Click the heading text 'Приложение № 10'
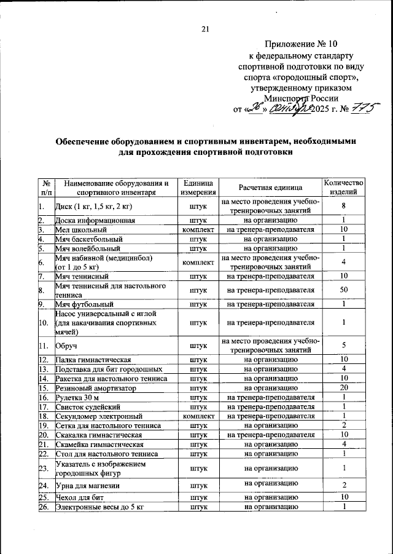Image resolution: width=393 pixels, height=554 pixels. click(302, 44)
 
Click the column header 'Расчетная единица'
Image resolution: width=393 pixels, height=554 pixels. click(270, 188)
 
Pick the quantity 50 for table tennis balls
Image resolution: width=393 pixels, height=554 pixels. click(344, 290)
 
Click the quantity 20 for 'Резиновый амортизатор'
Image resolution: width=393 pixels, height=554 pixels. click(344, 388)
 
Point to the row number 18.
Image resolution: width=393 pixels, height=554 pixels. click(44, 416)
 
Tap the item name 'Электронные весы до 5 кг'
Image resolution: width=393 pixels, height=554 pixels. click(99, 507)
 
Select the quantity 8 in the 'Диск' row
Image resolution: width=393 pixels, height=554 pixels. click(344, 206)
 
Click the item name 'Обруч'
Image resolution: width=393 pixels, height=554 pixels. click(66, 346)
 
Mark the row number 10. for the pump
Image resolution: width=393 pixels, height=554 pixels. click(44, 322)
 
